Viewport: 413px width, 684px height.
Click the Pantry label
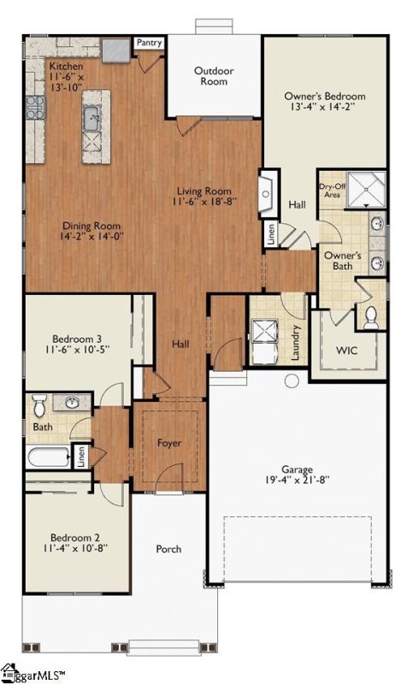click(x=149, y=43)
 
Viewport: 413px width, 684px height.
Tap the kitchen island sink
click(x=92, y=118)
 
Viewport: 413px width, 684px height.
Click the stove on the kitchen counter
click(x=35, y=108)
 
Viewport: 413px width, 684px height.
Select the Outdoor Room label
click(x=214, y=76)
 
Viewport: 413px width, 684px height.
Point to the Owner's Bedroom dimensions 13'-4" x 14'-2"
click(x=325, y=107)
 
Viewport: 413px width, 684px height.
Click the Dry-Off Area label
click(x=333, y=191)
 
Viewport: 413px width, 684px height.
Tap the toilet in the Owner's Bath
click(x=371, y=318)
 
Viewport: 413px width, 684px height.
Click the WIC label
click(x=346, y=351)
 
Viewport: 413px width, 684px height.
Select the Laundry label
click(x=296, y=343)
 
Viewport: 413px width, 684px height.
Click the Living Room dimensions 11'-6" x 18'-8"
click(x=204, y=202)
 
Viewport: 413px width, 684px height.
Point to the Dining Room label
click(x=91, y=226)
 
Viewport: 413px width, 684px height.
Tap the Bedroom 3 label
click(x=77, y=339)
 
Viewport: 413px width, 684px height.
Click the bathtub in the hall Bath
click(x=49, y=457)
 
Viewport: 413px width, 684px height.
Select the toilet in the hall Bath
click(x=40, y=405)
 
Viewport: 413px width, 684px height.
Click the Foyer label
click(x=169, y=443)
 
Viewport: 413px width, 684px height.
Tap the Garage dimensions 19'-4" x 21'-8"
click(x=297, y=481)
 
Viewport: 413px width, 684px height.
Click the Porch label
click(x=168, y=549)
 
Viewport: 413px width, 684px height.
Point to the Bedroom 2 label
click(x=75, y=538)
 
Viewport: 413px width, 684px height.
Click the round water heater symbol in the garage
click(x=292, y=380)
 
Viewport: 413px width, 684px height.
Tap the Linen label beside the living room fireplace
click(x=271, y=233)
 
